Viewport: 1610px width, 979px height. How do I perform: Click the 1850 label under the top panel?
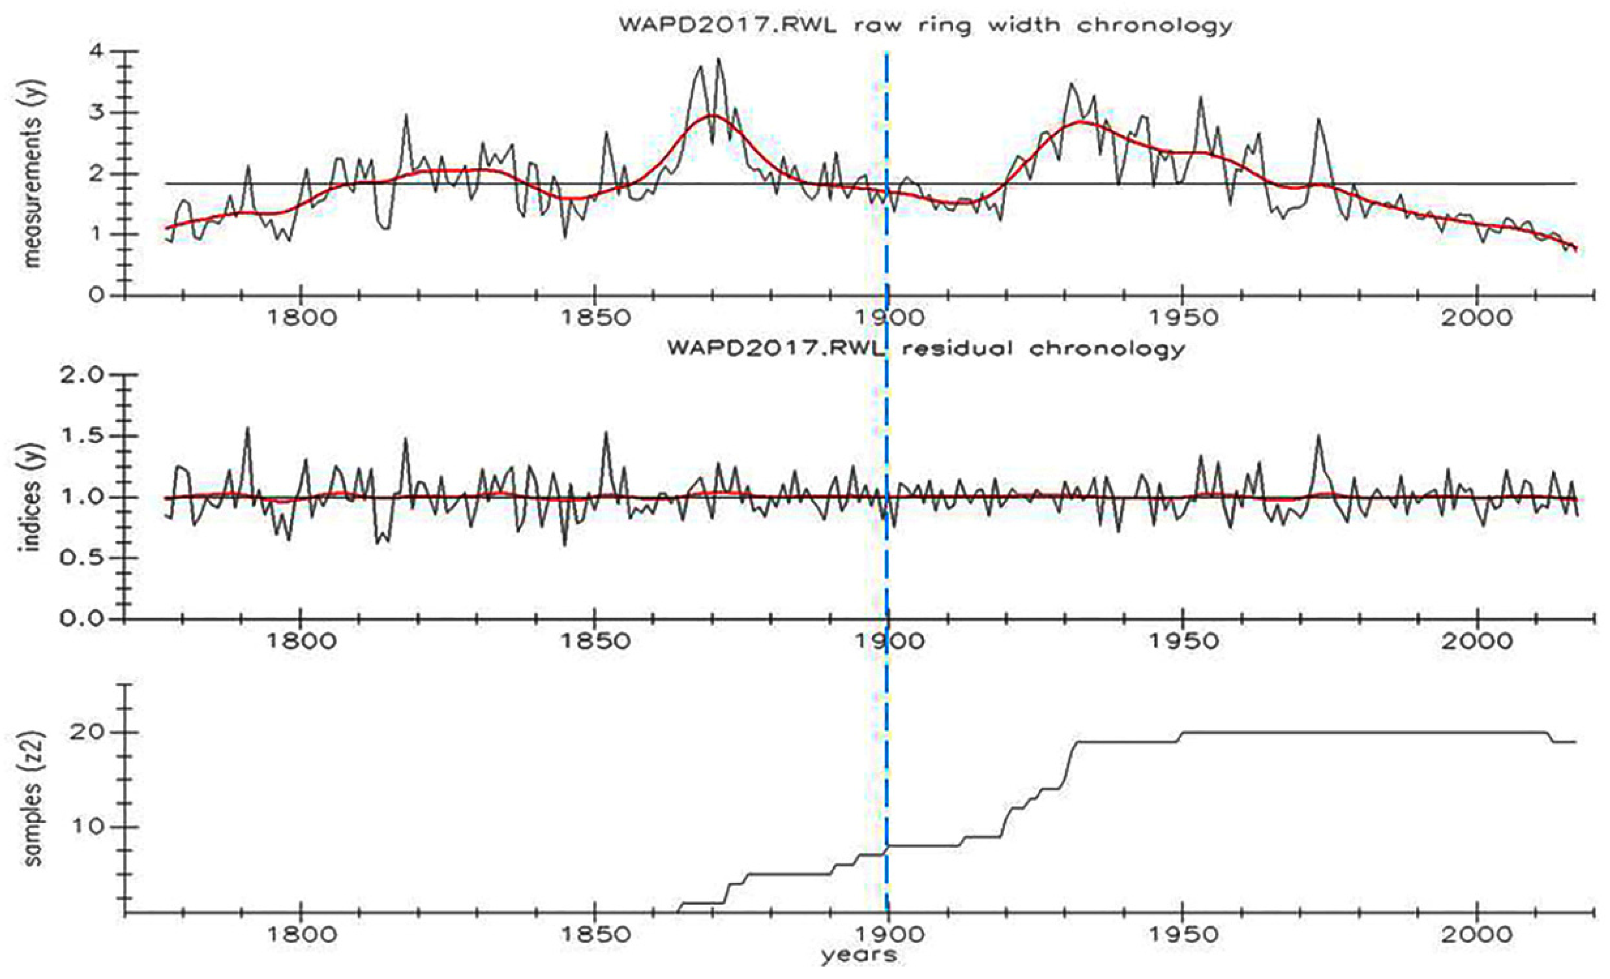pyautogui.click(x=594, y=318)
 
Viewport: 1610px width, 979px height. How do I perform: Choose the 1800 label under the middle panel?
pyautogui.click(x=300, y=640)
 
